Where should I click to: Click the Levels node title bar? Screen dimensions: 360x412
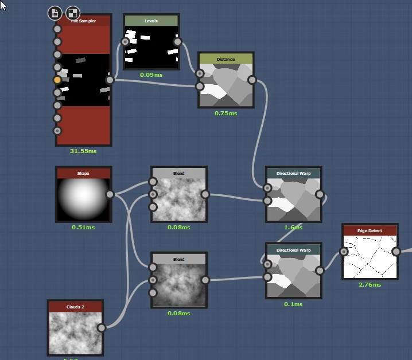pyautogui.click(x=151, y=21)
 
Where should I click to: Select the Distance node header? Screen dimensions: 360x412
pyautogui.click(x=226, y=59)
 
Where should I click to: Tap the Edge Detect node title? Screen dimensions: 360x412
pyautogui.click(x=370, y=230)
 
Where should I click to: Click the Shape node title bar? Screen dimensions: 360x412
pyautogui.click(x=83, y=173)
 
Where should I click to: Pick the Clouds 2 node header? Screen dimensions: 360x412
pyautogui.click(x=75, y=307)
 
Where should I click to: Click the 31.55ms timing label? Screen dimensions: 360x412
pyautogui.click(x=84, y=151)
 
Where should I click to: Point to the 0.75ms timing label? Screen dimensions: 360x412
pyautogui.click(x=226, y=113)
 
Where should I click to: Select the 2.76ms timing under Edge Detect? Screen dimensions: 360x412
pyautogui.click(x=370, y=284)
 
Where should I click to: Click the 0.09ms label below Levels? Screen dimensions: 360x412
pyautogui.click(x=151, y=75)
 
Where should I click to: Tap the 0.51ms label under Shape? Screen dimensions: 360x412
pyautogui.click(x=83, y=227)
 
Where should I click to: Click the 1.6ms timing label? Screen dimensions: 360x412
pyautogui.click(x=293, y=227)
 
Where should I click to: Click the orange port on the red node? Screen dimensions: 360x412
pyautogui.click(x=57, y=80)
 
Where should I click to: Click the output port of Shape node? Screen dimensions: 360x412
pyautogui.click(x=110, y=194)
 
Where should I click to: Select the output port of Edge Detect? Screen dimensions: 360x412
pyautogui.click(x=396, y=251)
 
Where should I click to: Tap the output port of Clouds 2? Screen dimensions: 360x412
pyautogui.click(x=102, y=328)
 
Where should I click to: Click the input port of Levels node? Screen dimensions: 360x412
pyautogui.click(x=125, y=42)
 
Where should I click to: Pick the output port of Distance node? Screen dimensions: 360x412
pyautogui.click(x=251, y=80)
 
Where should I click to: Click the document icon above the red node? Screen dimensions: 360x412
pyautogui.click(x=55, y=13)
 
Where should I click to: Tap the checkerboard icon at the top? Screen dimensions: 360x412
pyautogui.click(x=73, y=13)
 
